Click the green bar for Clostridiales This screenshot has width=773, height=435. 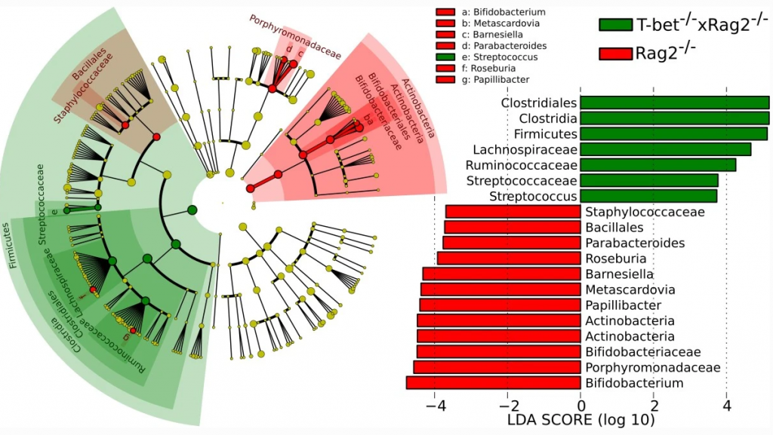[674, 103]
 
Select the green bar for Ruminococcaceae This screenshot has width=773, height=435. [658, 164]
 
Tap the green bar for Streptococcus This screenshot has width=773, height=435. [648, 196]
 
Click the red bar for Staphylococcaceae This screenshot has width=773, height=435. [513, 212]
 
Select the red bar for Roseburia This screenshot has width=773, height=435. [510, 259]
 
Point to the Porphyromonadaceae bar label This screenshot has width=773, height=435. [653, 368]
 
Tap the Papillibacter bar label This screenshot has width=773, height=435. [624, 305]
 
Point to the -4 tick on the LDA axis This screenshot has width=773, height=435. [435, 405]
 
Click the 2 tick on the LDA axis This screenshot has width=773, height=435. [654, 405]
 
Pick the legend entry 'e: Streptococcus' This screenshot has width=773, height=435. [491, 57]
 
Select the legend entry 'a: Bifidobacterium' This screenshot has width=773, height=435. [491, 12]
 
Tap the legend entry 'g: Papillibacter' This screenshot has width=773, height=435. [491, 79]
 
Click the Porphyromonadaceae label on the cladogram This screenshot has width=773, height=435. [295, 35]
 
